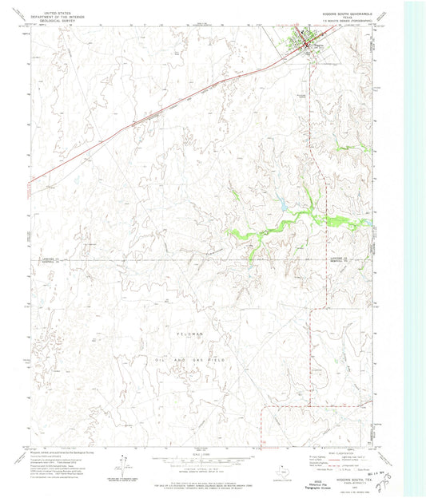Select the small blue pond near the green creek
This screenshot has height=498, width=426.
[x=281, y=204]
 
